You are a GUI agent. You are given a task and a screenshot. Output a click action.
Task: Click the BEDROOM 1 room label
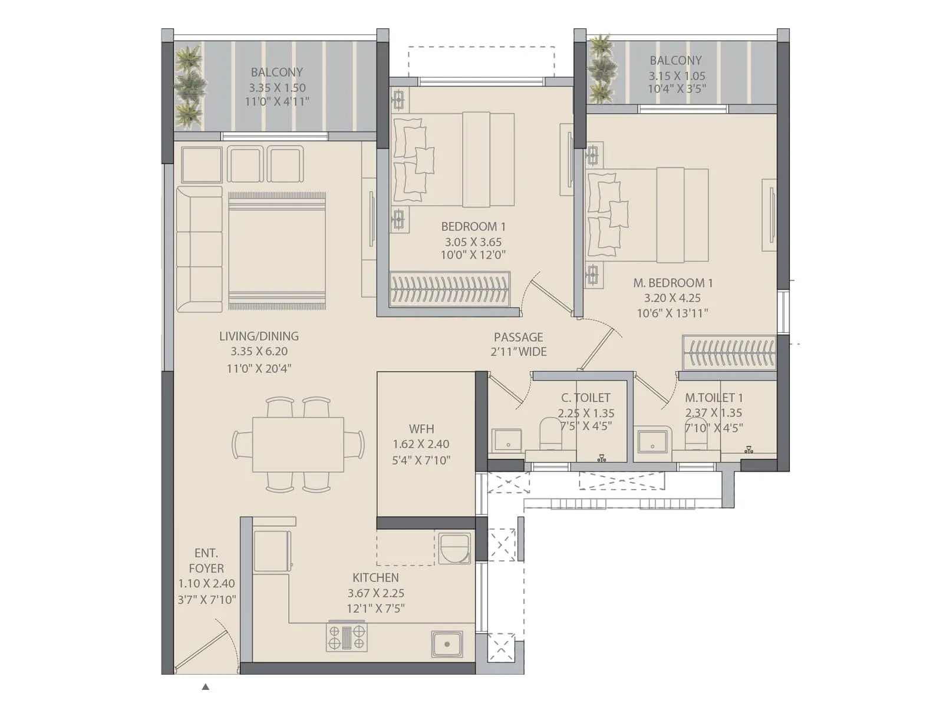pyautogui.click(x=473, y=226)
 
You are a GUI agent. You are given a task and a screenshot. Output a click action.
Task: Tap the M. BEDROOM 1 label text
pyautogui.click(x=672, y=283)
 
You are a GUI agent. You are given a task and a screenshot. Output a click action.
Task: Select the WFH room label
pyautogui.click(x=421, y=429)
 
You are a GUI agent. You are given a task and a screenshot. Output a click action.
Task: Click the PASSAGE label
pyautogui.click(x=518, y=337)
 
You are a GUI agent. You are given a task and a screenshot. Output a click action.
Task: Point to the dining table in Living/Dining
pyautogui.click(x=298, y=444)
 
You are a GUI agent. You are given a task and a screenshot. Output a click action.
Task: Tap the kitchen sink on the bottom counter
pyautogui.click(x=446, y=644)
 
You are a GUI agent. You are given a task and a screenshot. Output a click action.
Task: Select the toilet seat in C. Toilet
pyautogui.click(x=550, y=433)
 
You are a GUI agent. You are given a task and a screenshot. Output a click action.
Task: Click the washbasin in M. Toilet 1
pyautogui.click(x=652, y=441)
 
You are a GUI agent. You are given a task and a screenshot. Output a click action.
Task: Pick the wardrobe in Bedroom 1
pyautogui.click(x=449, y=289)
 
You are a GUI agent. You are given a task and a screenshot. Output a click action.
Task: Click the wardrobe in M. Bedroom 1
pyautogui.click(x=728, y=353)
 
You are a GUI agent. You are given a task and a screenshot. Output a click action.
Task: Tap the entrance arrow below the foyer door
pyautogui.click(x=205, y=686)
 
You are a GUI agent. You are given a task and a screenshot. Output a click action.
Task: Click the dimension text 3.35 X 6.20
pyautogui.click(x=259, y=351)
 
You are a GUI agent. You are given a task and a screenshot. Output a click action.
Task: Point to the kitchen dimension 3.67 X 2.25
pyautogui.click(x=375, y=593)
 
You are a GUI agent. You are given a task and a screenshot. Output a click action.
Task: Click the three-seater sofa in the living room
pyautogui.click(x=199, y=249)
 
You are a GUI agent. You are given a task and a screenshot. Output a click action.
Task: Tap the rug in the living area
pyautogui.click(x=276, y=250)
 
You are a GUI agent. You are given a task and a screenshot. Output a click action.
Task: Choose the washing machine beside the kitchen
pyautogui.click(x=454, y=549)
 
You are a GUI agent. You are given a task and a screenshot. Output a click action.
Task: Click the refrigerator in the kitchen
pyautogui.click(x=272, y=551)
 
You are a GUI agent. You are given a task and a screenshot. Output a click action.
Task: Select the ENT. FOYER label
pyautogui.click(x=206, y=561)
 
